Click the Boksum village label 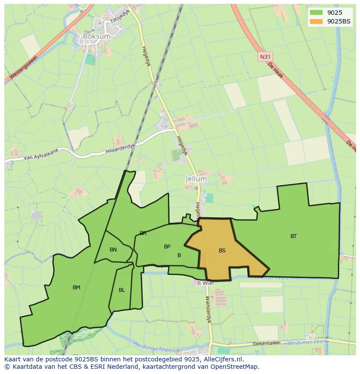click(97, 36)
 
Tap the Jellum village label click(196, 179)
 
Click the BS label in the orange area click(222, 251)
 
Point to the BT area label click(294, 236)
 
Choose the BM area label click(77, 288)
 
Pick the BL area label click(122, 290)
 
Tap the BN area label click(113, 250)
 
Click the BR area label click(143, 233)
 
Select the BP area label click(167, 247)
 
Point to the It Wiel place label click(206, 283)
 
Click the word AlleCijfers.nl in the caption click(222, 359)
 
